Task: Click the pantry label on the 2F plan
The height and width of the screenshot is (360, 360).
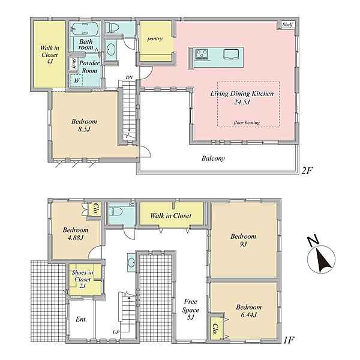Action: point(155,39)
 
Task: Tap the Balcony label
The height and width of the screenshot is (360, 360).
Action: point(213,158)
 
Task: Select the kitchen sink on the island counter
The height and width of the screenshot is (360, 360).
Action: point(231,54)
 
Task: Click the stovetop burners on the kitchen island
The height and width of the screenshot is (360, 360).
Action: point(202,54)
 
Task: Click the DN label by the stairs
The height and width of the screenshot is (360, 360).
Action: point(129,77)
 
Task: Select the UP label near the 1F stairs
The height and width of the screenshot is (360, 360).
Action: point(116,332)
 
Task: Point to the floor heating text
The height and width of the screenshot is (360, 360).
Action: point(247,122)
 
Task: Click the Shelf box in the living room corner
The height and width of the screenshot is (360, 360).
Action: point(287,25)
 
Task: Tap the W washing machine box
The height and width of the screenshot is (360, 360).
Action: point(76,80)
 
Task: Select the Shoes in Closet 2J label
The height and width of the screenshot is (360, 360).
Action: point(82,279)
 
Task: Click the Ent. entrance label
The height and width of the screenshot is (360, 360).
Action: point(81,319)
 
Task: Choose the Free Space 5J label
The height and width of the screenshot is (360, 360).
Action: point(190,310)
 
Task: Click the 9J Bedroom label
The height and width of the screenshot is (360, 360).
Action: point(243,240)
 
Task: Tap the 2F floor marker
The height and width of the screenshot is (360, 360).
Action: point(307,170)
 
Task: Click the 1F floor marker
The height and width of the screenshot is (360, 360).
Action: point(289,340)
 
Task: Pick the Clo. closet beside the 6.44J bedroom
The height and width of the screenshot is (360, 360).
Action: point(216,329)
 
